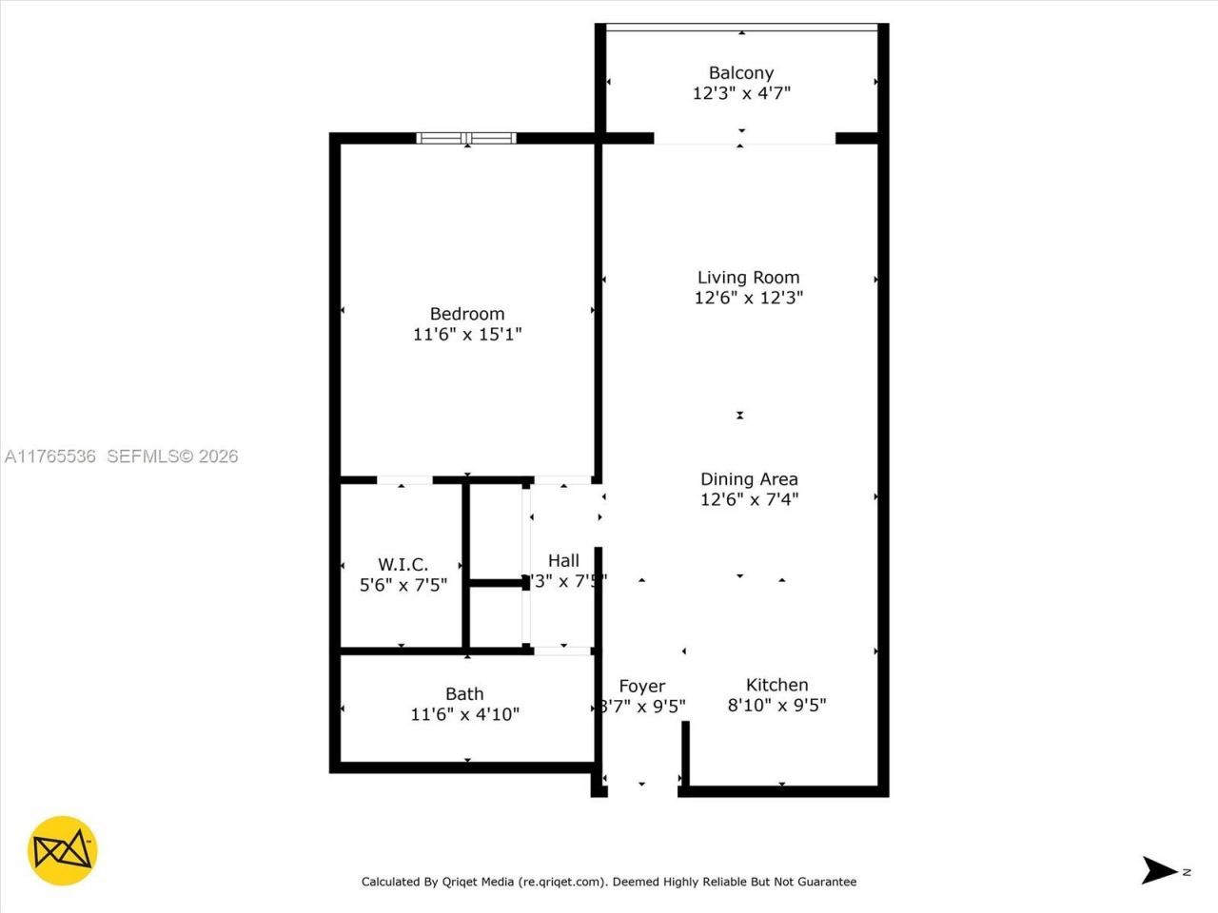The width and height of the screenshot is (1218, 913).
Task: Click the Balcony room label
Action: point(740,73)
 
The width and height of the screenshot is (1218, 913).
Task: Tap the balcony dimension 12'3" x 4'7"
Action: point(741,93)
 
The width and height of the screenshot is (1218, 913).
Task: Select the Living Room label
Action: point(748,278)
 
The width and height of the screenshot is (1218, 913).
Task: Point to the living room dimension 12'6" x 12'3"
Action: point(748,298)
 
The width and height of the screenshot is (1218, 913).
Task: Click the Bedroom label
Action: point(466,314)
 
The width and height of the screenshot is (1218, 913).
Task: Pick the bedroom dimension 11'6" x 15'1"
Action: point(466,334)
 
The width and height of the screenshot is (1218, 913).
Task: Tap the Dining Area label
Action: point(749,479)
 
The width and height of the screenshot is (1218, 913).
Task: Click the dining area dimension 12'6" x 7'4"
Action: point(749,499)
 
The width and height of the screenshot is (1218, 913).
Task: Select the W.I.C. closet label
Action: point(403,565)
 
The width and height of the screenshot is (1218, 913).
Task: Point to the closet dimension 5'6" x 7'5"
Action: point(403,585)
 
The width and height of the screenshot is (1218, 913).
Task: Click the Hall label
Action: point(563,561)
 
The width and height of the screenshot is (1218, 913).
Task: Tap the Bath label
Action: point(464,694)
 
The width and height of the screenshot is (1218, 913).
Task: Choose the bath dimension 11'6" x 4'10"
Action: point(464,714)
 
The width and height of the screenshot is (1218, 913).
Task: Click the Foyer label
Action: point(641,687)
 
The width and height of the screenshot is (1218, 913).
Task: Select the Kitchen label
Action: point(776,685)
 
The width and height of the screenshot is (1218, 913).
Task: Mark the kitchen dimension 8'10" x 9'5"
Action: point(776,706)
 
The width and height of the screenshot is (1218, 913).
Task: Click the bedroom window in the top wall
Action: point(466,139)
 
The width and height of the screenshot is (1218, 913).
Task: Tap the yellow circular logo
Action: point(63,850)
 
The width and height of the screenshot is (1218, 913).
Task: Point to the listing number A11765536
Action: point(50,456)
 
